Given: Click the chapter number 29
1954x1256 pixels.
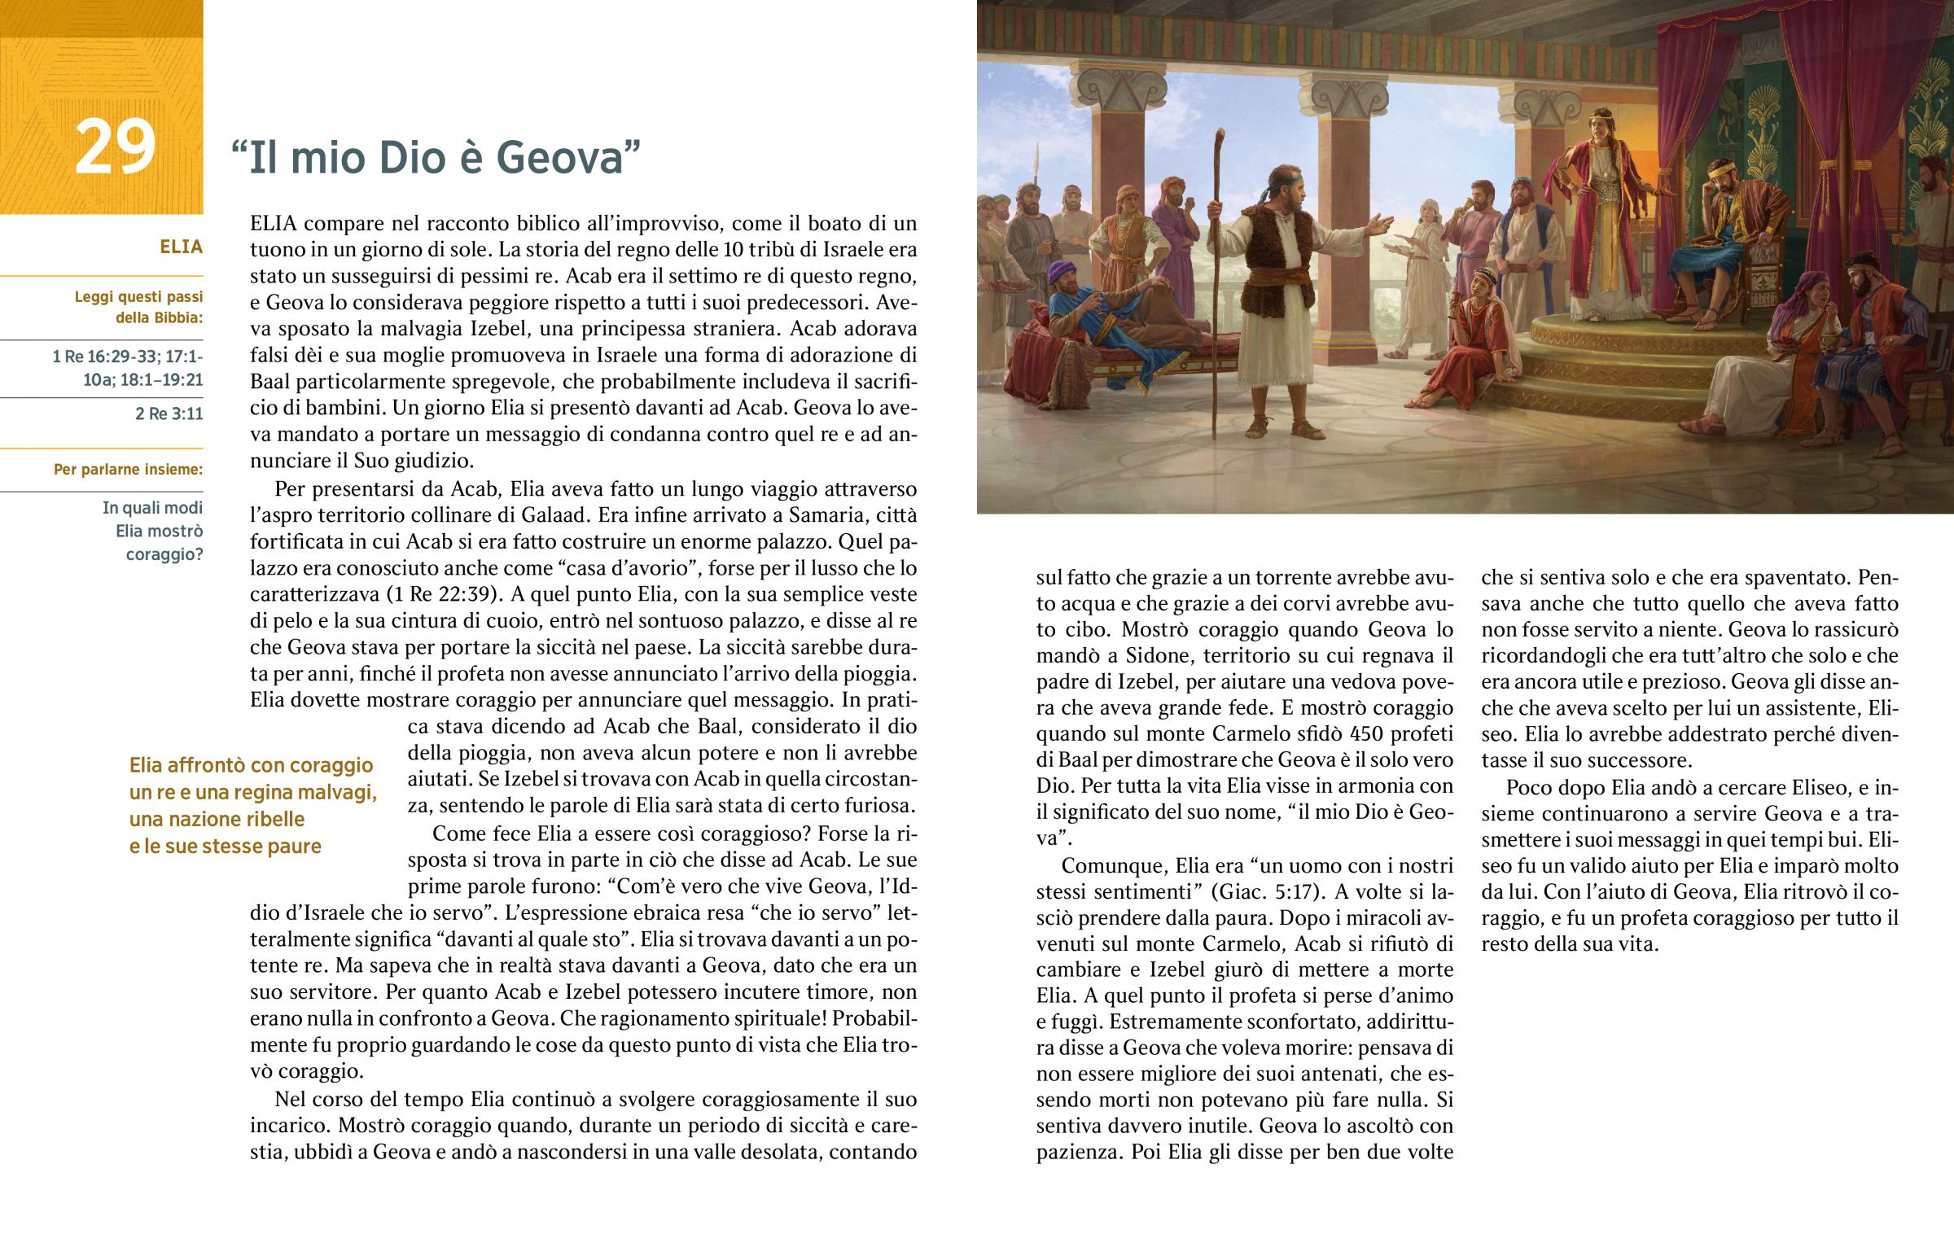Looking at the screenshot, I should click(x=114, y=147).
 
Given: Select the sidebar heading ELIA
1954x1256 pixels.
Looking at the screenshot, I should click(x=181, y=247).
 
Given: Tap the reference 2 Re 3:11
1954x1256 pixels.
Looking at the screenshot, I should click(x=169, y=414).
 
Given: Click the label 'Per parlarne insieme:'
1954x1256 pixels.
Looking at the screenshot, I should click(x=128, y=469).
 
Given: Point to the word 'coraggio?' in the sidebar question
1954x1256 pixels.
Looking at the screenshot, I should click(x=164, y=554).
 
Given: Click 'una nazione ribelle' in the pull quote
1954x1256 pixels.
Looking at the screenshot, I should click(x=216, y=819).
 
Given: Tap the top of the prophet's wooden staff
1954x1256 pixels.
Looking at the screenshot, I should click(x=1220, y=133).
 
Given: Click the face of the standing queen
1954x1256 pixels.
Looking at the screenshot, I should click(x=1601, y=129).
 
